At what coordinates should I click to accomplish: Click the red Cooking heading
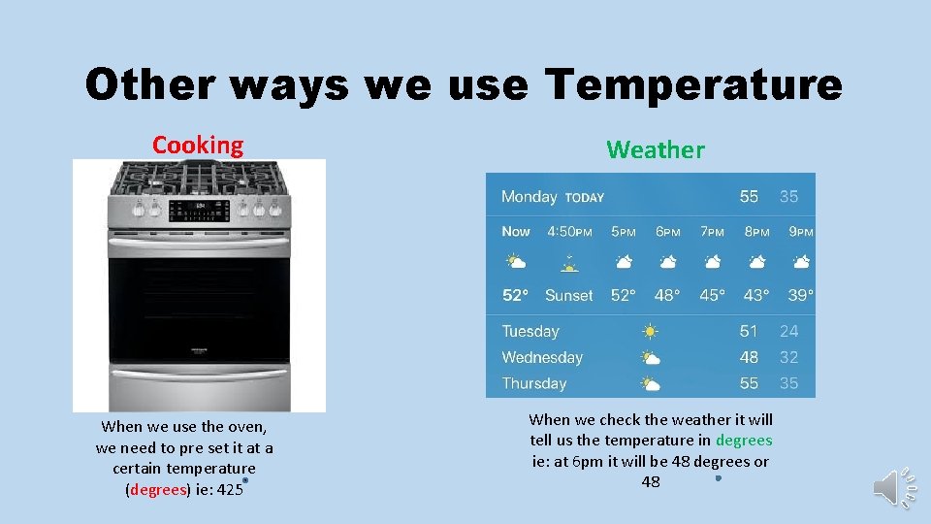198,146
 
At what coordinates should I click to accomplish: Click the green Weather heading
656,149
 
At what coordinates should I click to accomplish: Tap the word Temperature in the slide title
693,84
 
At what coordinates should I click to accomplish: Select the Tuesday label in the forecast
530,332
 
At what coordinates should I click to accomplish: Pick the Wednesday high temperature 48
749,357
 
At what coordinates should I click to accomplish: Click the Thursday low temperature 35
788,383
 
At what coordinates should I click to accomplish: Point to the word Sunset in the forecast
568,295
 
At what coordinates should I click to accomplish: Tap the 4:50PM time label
569,232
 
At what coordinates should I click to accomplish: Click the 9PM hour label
801,232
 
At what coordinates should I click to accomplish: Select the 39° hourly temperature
801,295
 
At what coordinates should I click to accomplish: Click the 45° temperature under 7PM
712,295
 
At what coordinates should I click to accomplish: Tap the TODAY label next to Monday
585,197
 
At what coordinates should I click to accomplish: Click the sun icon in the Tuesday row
650,332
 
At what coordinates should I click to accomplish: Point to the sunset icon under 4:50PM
569,262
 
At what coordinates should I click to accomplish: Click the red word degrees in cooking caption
157,490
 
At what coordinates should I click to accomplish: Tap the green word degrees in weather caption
744,441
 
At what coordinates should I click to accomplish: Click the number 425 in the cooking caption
230,490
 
